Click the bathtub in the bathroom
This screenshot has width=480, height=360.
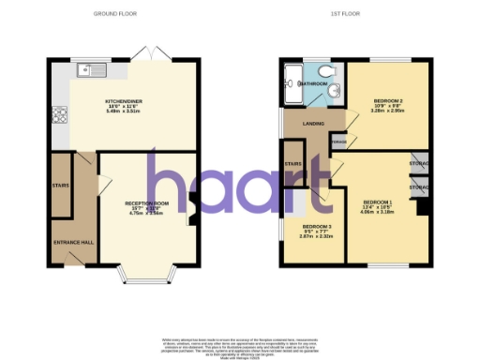tap(290, 84)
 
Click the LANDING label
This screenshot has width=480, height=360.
tap(302, 122)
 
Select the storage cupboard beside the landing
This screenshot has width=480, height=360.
tap(337, 142)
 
